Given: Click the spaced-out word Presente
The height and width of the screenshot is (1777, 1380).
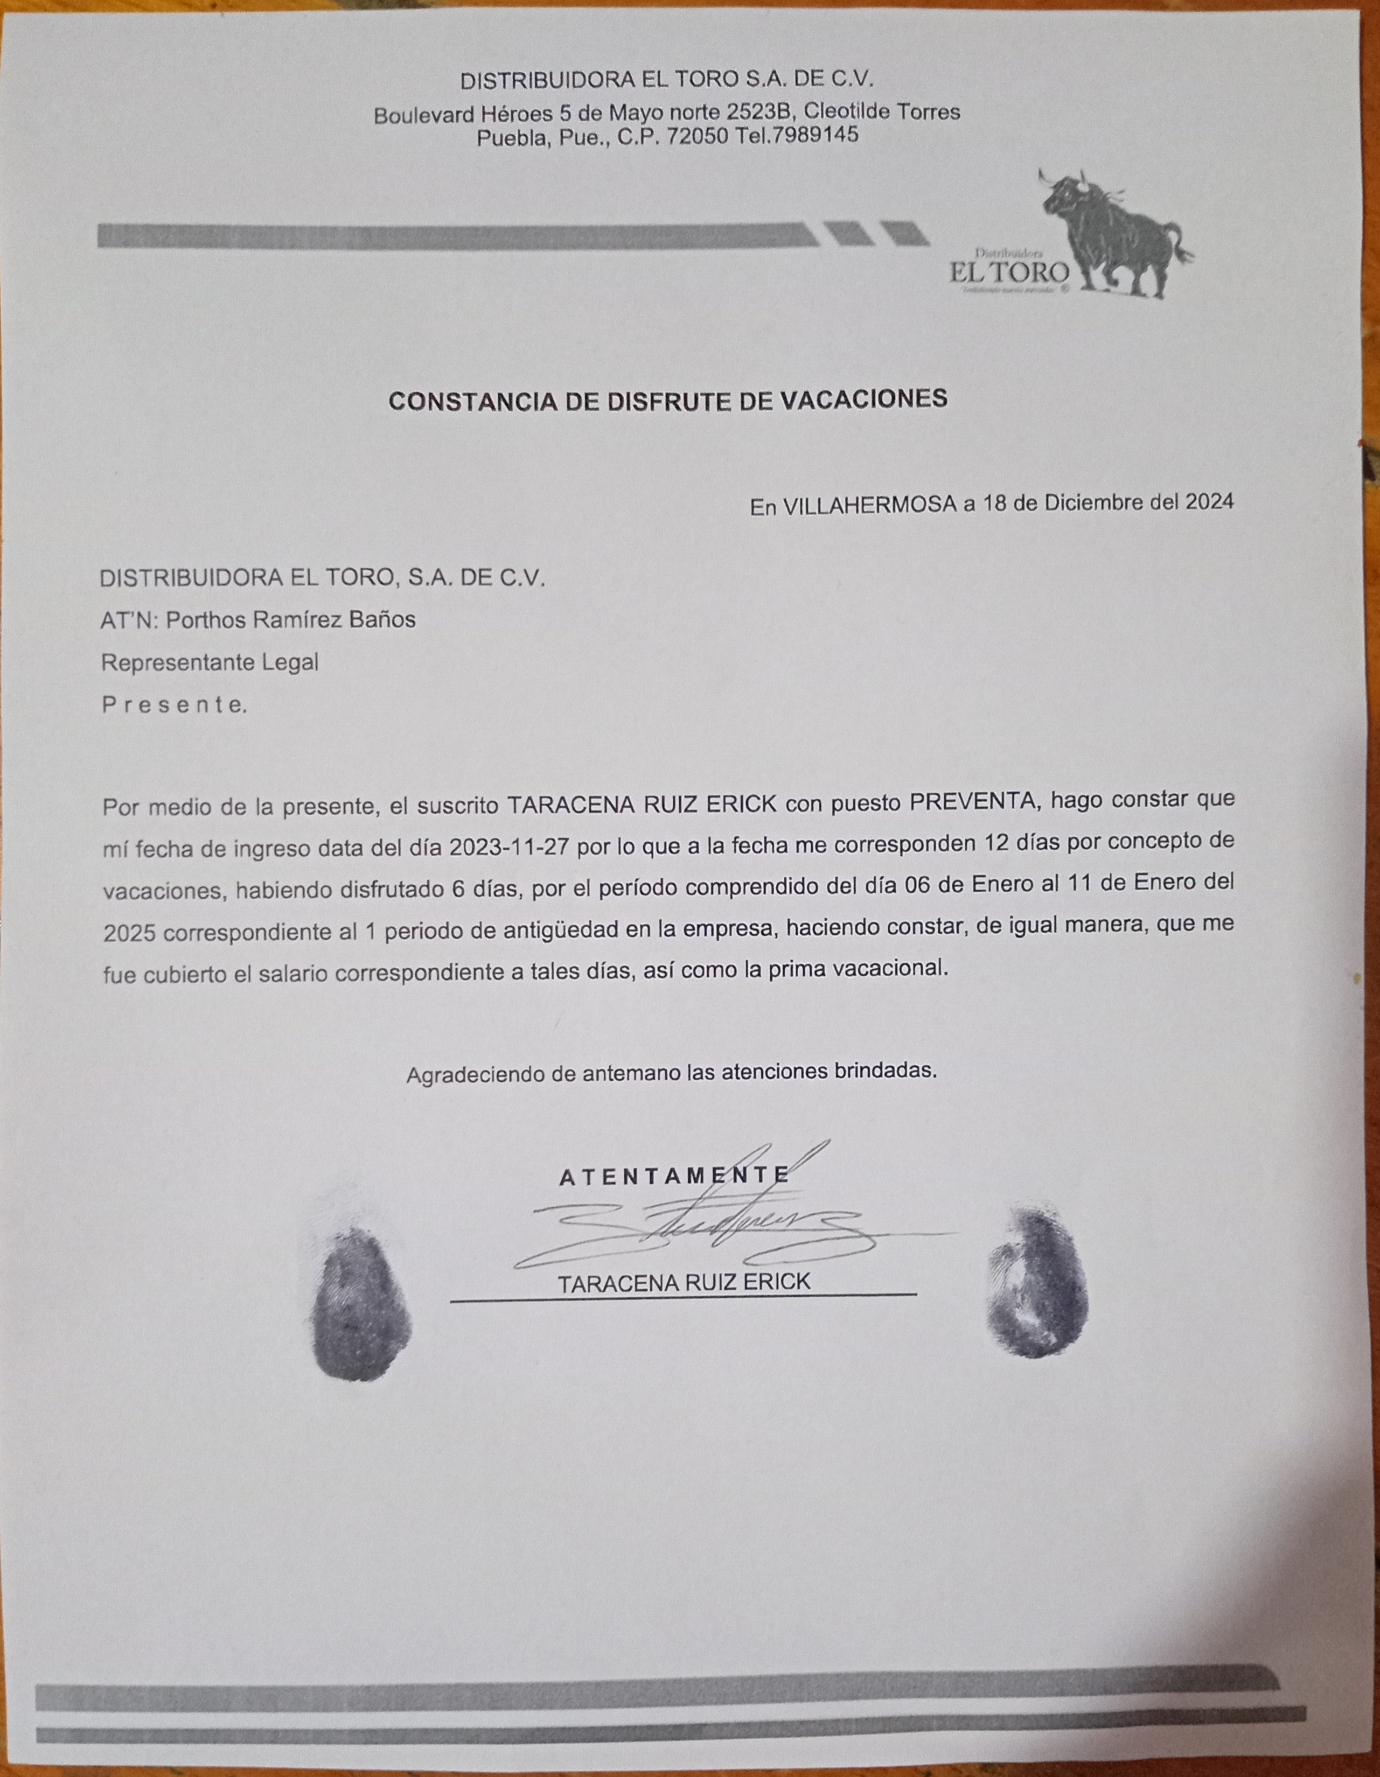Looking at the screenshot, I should [173, 705].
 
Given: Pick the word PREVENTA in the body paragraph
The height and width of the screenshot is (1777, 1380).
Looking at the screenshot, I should [975, 801].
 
